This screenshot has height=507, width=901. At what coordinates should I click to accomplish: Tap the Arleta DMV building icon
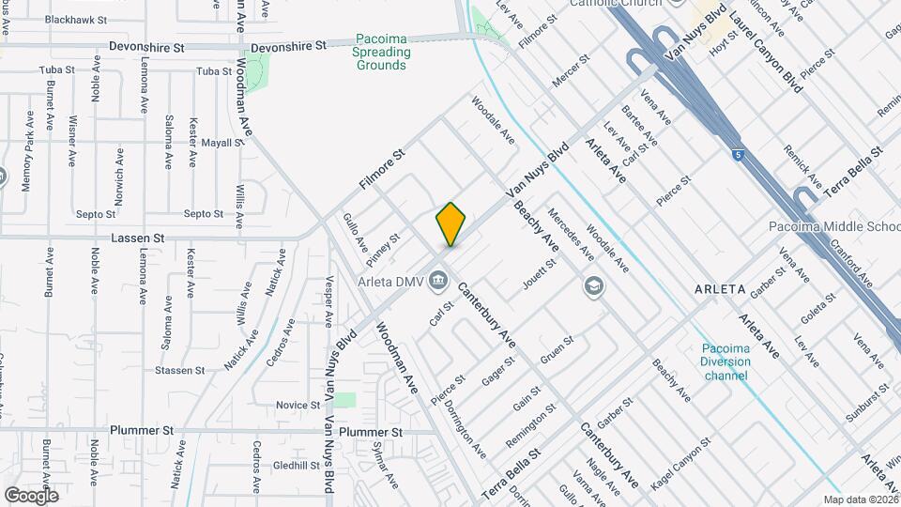(x=438, y=280)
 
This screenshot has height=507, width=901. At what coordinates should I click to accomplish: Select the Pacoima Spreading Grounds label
(x=382, y=53)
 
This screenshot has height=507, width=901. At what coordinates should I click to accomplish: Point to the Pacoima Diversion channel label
(x=725, y=362)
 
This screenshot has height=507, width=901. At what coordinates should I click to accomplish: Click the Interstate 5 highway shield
(x=740, y=154)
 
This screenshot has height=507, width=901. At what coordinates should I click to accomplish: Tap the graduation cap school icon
(x=592, y=285)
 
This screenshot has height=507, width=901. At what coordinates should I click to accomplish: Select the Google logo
(x=31, y=495)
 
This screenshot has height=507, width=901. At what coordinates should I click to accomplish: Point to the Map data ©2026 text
(x=861, y=499)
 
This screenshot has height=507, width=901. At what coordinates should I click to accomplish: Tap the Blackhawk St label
(x=76, y=19)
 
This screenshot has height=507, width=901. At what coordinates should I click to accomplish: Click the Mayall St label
(x=222, y=144)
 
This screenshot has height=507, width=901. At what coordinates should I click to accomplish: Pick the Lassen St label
(x=138, y=238)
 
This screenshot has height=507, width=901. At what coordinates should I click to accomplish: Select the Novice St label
(x=298, y=405)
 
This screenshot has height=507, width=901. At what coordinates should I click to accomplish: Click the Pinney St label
(x=384, y=250)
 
